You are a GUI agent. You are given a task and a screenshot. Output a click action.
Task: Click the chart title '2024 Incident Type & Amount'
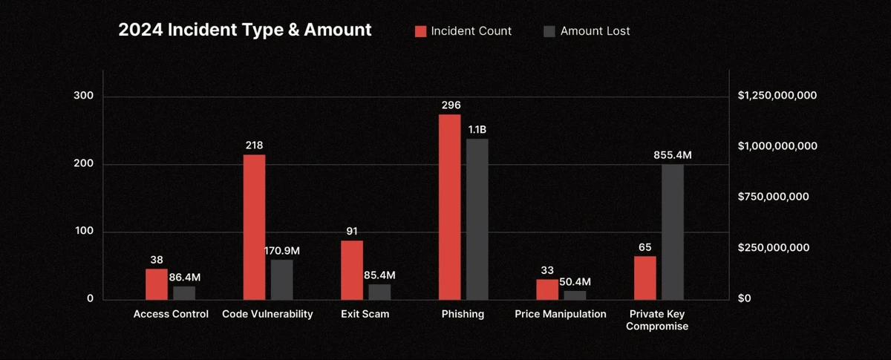point(244,30)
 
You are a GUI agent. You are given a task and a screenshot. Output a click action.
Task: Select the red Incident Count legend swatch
point(421,31)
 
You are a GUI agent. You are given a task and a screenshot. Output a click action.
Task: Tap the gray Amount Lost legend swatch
point(549,31)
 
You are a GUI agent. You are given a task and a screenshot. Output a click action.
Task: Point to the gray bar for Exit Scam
point(379,292)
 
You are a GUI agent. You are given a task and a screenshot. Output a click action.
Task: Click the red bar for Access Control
point(156,284)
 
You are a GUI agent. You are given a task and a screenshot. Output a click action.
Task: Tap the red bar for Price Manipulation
point(546,289)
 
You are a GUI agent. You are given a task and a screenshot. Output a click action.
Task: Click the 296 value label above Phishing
point(450,105)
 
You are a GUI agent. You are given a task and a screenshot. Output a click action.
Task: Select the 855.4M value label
point(672,155)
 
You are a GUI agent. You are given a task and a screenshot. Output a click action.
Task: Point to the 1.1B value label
point(477,130)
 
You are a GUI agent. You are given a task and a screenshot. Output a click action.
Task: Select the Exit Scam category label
point(365,314)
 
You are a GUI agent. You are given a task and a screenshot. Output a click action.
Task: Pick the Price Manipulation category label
point(561,314)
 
